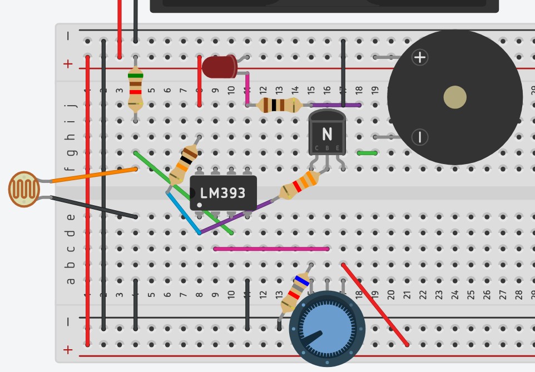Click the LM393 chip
(223, 193)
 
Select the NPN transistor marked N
(327, 133)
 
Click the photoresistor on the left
(24, 189)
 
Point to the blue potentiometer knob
(326, 329)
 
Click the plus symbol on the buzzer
(420, 57)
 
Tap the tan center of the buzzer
(455, 98)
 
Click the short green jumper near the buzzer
(367, 153)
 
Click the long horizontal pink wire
(271, 249)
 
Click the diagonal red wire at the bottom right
(375, 305)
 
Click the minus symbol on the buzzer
(420, 136)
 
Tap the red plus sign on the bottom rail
(68, 350)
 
